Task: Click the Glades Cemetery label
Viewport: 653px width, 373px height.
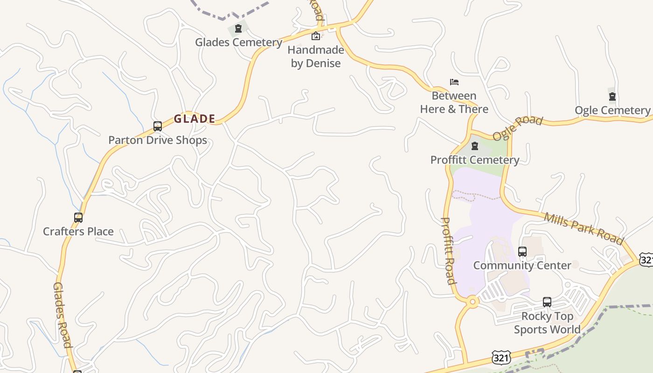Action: pos(238,42)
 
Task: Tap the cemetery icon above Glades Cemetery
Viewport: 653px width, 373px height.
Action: pos(238,29)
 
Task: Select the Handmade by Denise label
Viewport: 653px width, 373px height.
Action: pos(316,56)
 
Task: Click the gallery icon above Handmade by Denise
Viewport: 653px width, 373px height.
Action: pos(316,36)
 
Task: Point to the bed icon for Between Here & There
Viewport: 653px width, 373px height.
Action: pos(454,82)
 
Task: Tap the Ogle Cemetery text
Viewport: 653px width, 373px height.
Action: pos(612,111)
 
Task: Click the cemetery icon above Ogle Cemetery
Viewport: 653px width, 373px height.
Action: pos(612,97)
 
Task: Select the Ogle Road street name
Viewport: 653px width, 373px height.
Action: pos(518,128)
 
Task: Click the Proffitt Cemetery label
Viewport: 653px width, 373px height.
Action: pos(474,160)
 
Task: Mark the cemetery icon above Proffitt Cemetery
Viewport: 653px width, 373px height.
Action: pos(475,146)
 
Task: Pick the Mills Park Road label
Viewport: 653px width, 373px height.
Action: pos(584,228)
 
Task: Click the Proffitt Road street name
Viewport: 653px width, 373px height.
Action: pos(448,250)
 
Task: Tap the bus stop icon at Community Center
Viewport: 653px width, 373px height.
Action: pos(522,252)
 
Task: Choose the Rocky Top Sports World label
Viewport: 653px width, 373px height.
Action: pos(547,323)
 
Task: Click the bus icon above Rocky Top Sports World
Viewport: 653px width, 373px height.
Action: pos(547,302)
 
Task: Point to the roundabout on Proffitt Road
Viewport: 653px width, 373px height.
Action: pos(472,302)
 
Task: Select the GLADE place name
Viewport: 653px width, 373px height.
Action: pos(195,119)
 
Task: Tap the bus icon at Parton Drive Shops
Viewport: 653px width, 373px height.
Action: pos(158,126)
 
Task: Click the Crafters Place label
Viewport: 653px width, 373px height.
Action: pos(78,232)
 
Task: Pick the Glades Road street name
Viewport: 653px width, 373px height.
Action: pos(62,315)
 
